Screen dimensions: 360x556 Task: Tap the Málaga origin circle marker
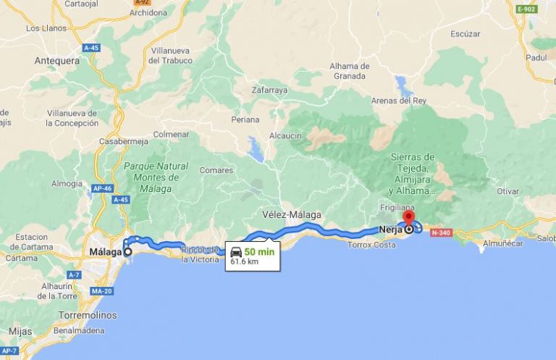128,252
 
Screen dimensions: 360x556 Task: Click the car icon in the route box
236,253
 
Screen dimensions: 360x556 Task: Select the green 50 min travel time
258,251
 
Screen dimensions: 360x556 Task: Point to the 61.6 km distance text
245,261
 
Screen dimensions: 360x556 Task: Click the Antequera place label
57,61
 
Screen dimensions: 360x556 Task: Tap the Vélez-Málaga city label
291,214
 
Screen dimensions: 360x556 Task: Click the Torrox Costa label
371,245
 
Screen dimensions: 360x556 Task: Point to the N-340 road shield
440,233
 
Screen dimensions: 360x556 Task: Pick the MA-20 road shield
101,291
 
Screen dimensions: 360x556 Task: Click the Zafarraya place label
269,91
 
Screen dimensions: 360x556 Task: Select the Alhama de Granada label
350,70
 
